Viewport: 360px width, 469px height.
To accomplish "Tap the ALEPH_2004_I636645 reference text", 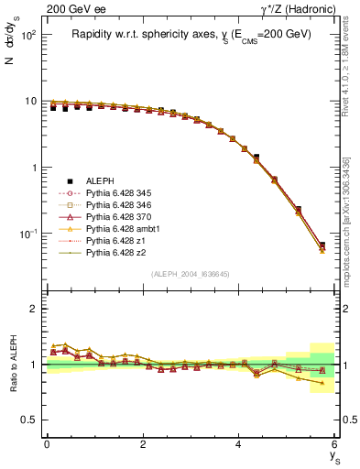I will (191, 274).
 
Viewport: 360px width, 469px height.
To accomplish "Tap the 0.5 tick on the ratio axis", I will (30, 420).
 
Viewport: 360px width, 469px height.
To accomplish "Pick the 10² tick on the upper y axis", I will (28, 35).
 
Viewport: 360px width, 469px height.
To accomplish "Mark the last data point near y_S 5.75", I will (322, 245).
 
